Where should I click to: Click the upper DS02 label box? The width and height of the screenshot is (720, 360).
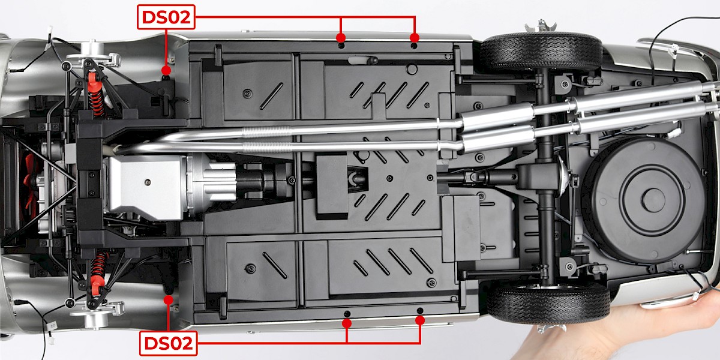tap(166, 17)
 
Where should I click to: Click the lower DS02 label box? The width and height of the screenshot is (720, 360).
tap(168, 343)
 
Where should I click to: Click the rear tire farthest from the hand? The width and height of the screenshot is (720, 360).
tap(541, 52)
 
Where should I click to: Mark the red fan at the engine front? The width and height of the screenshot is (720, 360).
tap(31, 181)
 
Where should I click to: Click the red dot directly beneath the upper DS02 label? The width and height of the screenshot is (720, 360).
tap(166, 70)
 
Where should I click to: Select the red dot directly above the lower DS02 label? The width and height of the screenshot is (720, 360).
tap(168, 300)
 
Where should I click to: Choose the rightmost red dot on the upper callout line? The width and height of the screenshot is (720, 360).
tap(415, 38)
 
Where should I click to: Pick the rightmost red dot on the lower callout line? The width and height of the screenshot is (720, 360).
tap(419, 320)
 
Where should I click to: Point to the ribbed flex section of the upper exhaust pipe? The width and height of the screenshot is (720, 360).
tap(268, 131)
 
